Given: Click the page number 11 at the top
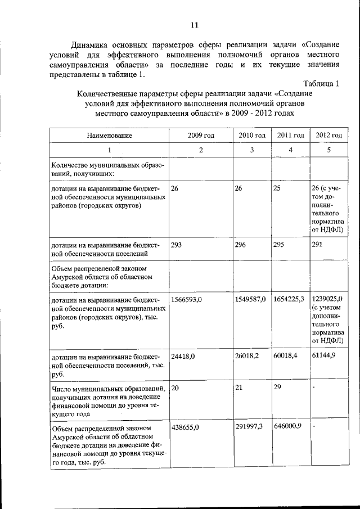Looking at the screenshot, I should [x=194, y=25].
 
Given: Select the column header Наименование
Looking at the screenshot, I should [x=110, y=136].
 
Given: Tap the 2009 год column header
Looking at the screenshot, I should [x=201, y=136].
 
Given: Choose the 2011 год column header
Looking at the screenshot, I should [x=290, y=136].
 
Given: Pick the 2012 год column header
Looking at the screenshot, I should [x=329, y=136].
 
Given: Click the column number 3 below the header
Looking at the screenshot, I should [x=251, y=150].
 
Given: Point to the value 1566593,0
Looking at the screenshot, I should [x=186, y=299].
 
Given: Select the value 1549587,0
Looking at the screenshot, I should [x=250, y=299].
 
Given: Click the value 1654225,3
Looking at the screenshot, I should [x=289, y=299].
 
